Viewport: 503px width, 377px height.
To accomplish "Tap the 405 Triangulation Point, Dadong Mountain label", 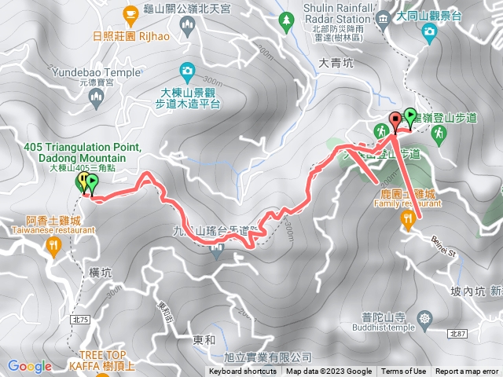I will click(x=83, y=153).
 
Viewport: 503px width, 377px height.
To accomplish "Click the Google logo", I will click(x=30, y=366).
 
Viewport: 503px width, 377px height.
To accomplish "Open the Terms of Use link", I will click(x=404, y=372).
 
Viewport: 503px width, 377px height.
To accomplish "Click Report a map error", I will click(x=467, y=372).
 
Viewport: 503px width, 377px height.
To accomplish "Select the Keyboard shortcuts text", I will click(x=243, y=372).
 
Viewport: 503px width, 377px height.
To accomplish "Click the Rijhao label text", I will click(x=155, y=35).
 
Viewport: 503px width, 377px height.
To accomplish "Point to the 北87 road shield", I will click(x=458, y=334).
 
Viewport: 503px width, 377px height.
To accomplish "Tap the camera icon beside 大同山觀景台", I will click(x=429, y=31).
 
